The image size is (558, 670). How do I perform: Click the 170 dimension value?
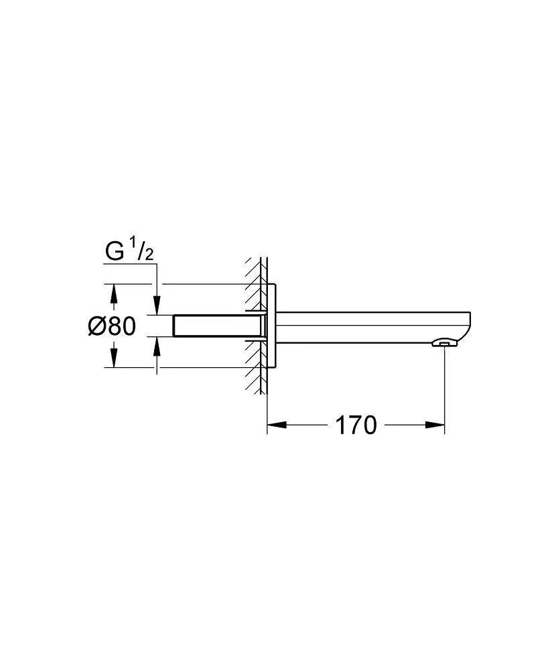pyautogui.click(x=356, y=425)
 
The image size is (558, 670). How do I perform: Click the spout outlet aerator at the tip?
pyautogui.click(x=442, y=343)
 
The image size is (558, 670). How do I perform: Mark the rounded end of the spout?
pyautogui.click(x=469, y=326)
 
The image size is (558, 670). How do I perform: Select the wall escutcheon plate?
pyautogui.click(x=271, y=326)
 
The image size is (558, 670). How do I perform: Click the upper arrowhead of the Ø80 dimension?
pyautogui.click(x=113, y=292)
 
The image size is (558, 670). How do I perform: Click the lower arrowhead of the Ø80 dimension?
pyautogui.click(x=113, y=360)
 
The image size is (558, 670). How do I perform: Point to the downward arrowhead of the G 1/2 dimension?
pyautogui.click(x=157, y=307)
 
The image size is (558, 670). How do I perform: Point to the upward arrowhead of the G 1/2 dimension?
pyautogui.click(x=157, y=344)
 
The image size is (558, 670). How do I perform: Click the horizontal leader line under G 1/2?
pyautogui.click(x=131, y=264)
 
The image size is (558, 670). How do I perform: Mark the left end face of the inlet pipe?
pyautogui.click(x=174, y=326)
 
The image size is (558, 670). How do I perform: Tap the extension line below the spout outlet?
pyautogui.click(x=445, y=389)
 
